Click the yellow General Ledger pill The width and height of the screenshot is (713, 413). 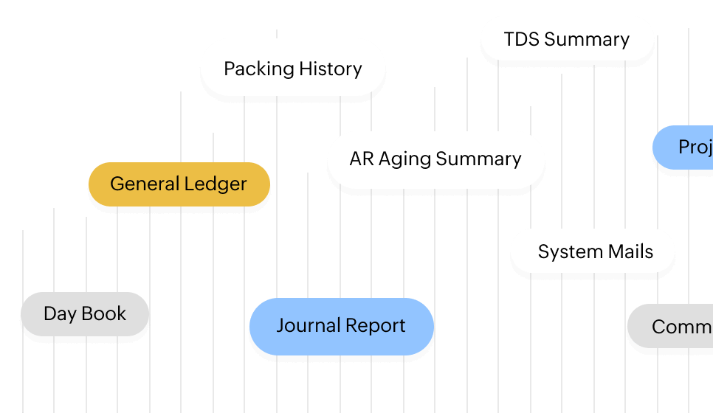coord(179,184)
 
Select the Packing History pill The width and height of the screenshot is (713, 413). coord(292,69)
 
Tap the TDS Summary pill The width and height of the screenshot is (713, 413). coord(567,39)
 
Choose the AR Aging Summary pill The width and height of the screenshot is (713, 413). coord(435,159)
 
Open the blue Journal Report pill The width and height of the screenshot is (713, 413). coord(341,326)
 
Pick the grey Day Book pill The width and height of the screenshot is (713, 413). coord(85,313)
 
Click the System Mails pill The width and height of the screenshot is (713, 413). coord(595,251)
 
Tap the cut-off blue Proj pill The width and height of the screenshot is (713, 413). coord(686,147)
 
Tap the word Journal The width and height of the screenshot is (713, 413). coord(307,326)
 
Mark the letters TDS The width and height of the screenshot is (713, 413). coord(520,39)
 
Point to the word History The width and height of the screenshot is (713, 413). coord(331,69)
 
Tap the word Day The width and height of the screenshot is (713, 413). coord(61,314)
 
